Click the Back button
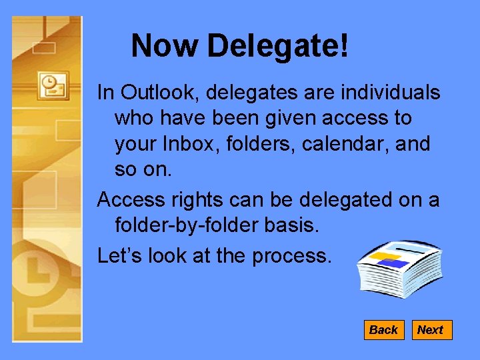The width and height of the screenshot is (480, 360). (x=383, y=330)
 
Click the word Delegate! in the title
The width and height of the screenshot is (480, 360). (x=277, y=46)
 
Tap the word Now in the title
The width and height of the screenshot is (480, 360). (x=165, y=46)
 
